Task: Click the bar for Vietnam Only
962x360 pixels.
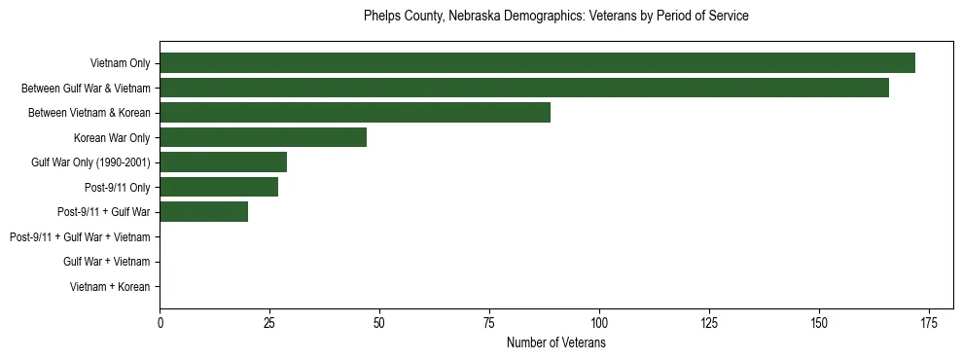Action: [537, 63]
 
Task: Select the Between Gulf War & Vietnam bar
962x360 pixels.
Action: [524, 88]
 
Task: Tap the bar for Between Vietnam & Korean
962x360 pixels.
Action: [355, 113]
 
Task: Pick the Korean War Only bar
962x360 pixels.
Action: [263, 137]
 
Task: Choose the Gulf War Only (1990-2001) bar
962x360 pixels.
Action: [223, 162]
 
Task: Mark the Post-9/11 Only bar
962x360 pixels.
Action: [219, 187]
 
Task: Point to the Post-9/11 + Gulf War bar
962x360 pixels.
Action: [203, 211]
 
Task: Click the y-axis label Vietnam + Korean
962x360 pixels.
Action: [109, 287]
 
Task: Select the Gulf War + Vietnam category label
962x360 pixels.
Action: [106, 262]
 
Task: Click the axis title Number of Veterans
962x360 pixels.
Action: [555, 342]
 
